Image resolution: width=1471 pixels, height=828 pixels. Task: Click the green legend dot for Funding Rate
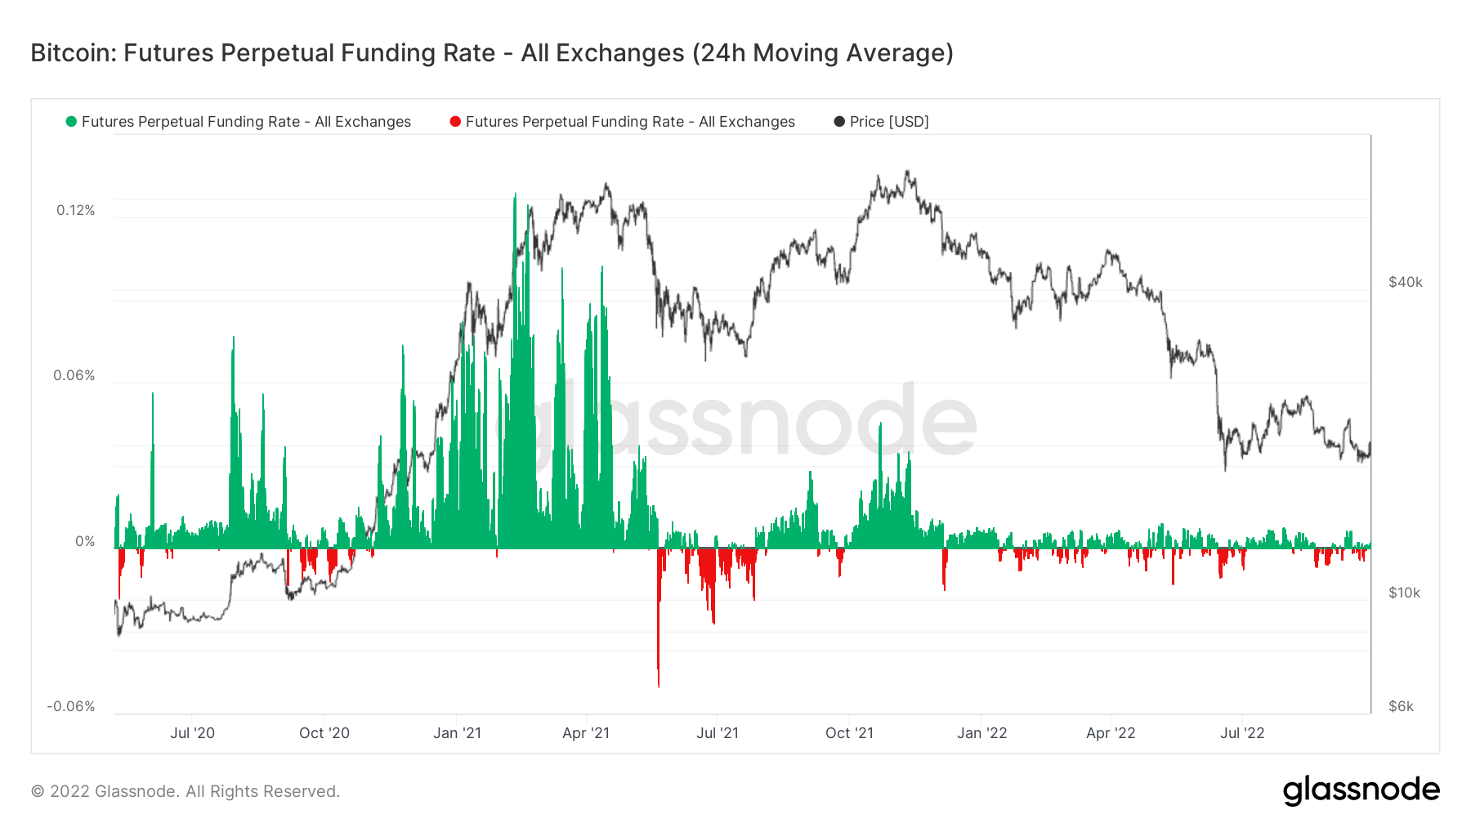point(71,122)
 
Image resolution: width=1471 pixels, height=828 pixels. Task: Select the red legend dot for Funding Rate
point(455,122)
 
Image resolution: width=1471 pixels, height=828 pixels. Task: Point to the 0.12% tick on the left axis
point(75,210)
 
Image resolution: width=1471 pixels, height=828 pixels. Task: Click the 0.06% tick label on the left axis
point(74,375)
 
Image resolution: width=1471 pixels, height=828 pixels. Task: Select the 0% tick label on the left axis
point(85,541)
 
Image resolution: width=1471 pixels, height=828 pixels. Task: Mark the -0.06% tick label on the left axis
point(71,706)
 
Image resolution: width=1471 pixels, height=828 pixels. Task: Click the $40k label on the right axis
point(1405,282)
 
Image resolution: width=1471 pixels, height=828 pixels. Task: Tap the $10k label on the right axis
point(1404,593)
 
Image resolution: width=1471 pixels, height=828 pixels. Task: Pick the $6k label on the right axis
point(1401,706)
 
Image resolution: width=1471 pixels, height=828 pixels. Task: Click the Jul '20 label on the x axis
point(192,733)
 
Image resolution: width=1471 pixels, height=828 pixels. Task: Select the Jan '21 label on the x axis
point(457,733)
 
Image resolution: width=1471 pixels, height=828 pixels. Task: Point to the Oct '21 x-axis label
point(849,733)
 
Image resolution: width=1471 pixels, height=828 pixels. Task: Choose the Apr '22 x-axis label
point(1111,733)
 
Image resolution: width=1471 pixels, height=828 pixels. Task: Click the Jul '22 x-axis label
point(1242,733)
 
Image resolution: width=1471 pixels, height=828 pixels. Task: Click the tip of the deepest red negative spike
point(659,686)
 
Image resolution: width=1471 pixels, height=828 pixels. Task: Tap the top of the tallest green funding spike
point(515,195)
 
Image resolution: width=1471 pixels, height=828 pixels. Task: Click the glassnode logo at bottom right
point(1361,790)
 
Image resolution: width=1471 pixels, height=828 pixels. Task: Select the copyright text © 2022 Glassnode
point(186,791)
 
